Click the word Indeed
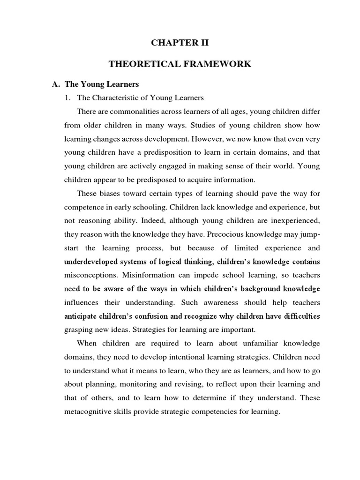point(134,221)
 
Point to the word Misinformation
point(150,275)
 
